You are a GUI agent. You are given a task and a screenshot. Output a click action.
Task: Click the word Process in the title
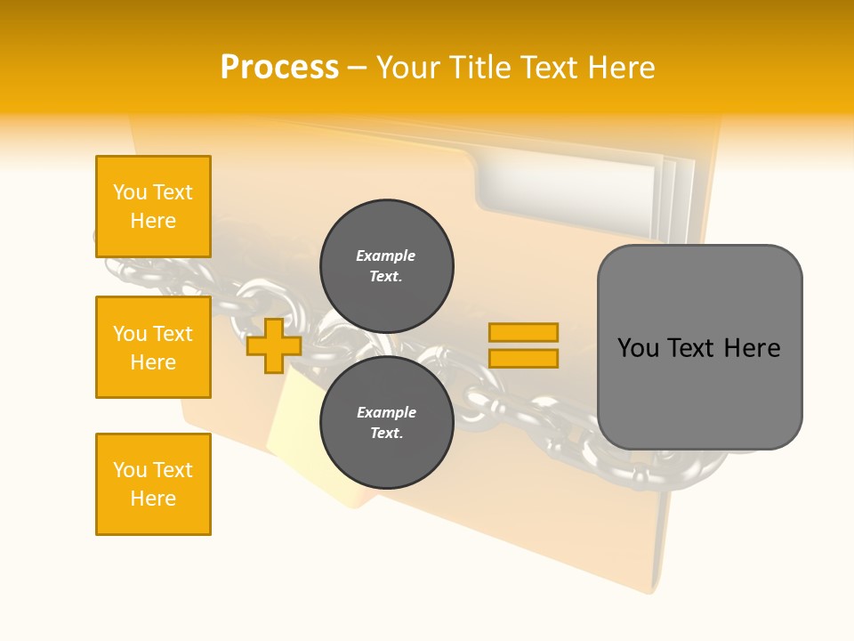(x=279, y=68)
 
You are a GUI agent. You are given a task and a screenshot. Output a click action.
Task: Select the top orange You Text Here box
(x=153, y=207)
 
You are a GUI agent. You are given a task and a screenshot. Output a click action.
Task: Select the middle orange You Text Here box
(x=153, y=347)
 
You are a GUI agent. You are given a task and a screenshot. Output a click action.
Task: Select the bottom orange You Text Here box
(x=153, y=484)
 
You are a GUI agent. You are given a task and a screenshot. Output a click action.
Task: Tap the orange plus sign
(x=274, y=345)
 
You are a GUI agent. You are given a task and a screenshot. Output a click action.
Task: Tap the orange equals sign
(x=523, y=345)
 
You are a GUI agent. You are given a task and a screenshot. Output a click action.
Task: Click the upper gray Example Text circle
(x=386, y=265)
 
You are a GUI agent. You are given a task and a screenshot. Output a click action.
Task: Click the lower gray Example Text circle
(x=386, y=422)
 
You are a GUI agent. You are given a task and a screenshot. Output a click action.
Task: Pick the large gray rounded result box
(x=699, y=347)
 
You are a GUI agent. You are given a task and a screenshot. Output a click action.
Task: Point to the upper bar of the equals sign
(x=523, y=333)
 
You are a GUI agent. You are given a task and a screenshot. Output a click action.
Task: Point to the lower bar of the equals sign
(x=523, y=359)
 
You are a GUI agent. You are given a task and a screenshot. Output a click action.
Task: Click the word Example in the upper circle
(x=386, y=256)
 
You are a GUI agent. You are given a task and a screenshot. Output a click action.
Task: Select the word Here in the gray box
(x=752, y=348)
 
